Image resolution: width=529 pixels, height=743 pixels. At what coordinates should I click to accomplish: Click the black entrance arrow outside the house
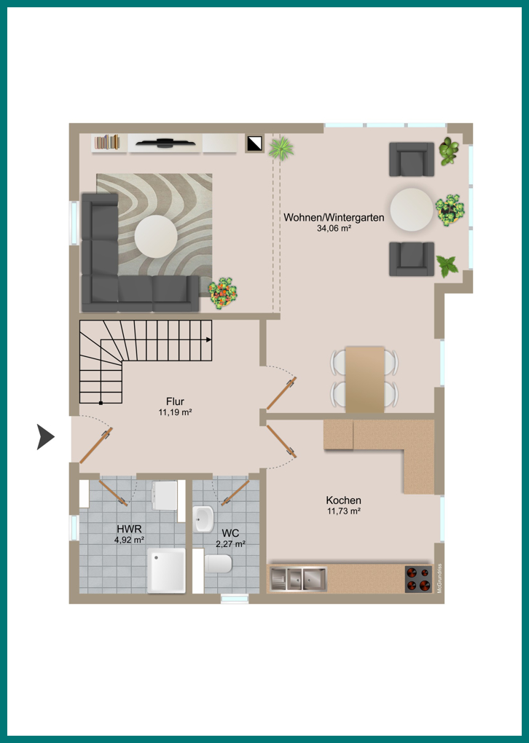coord(44,436)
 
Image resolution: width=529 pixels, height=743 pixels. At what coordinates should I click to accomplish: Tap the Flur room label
coord(175,402)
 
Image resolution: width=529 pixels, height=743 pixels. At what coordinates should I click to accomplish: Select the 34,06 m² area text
coord(334,229)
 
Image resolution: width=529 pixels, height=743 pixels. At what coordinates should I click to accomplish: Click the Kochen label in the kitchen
coord(344,500)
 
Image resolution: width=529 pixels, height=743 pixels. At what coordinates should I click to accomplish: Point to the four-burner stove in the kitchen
coord(418,578)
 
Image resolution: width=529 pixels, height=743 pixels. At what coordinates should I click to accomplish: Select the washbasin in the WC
coord(204,519)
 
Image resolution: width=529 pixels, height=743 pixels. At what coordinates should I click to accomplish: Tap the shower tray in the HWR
coord(166,570)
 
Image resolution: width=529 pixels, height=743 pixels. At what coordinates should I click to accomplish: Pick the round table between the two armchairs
coord(412,210)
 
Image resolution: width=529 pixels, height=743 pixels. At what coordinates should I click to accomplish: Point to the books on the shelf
coord(106,142)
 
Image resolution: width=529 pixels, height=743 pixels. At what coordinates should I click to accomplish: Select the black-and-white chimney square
coord(254,144)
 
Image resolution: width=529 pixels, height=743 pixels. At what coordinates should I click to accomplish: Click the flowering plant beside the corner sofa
coord(222,293)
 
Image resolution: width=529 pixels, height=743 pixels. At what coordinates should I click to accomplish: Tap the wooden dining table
coord(364,380)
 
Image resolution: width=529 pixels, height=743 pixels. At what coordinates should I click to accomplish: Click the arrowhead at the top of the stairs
coord(209,339)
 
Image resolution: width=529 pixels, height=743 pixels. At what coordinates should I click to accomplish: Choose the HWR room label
coord(130,529)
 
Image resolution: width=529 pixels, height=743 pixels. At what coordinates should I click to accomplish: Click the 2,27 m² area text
coord(230,544)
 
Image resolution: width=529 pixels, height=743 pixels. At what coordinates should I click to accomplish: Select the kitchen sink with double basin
coord(298,579)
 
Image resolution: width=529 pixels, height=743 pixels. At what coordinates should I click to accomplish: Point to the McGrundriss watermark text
coord(439,578)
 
